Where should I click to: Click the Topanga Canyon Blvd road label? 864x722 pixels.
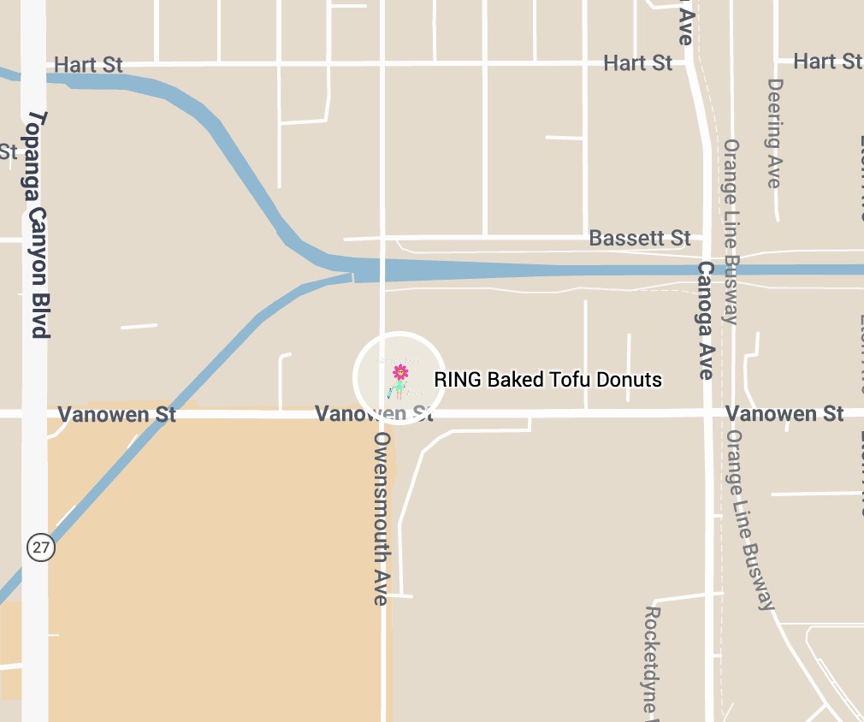38,224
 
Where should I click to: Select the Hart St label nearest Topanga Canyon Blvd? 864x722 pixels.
88,65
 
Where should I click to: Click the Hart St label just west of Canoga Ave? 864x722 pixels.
637,62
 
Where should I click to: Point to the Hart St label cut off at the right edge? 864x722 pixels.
827,61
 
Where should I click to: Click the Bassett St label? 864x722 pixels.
640,238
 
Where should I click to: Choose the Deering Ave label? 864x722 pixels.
775,133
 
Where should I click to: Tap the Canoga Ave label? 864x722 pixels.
706,321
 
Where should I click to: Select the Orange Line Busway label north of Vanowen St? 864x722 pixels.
731,232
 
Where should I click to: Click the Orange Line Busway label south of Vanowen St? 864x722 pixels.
749,519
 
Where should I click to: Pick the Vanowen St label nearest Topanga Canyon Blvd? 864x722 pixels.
117,415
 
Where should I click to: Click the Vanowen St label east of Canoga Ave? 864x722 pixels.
784,414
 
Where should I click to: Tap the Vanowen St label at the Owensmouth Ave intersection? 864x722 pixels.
374,414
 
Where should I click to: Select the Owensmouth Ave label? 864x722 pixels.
382,518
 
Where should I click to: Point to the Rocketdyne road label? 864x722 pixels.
653,660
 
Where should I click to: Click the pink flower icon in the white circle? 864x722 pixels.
399,371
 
